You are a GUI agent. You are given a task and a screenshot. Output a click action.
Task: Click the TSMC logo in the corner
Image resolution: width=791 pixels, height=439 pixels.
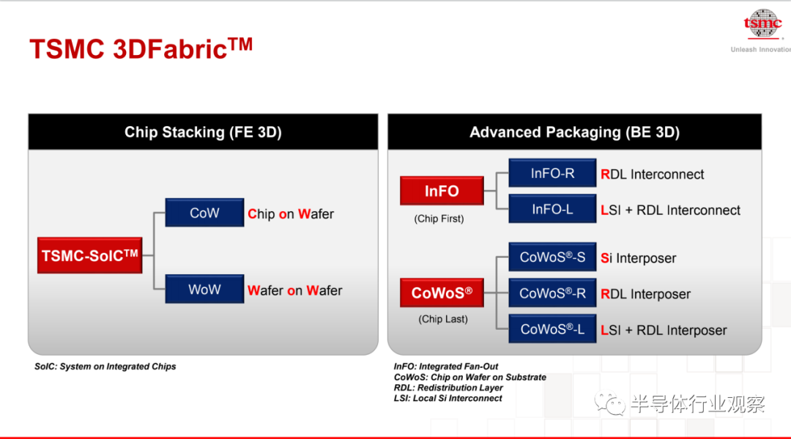tap(762, 24)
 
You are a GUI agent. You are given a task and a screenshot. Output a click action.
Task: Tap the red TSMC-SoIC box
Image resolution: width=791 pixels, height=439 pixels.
tap(90, 255)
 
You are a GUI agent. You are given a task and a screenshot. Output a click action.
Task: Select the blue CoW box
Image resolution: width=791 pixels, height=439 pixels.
tap(204, 213)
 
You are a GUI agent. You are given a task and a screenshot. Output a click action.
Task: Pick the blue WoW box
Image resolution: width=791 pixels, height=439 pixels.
tap(204, 289)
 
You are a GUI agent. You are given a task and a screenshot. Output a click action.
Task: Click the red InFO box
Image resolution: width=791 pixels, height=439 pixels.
tap(442, 191)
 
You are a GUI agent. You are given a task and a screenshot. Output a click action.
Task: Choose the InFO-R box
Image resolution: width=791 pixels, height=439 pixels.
tap(552, 173)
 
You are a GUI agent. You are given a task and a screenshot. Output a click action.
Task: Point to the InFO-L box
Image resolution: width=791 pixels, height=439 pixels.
tap(552, 209)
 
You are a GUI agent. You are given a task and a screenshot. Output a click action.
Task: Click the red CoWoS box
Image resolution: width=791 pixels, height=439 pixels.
tap(442, 292)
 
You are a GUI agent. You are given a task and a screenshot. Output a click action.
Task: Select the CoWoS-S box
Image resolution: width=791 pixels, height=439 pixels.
tap(552, 257)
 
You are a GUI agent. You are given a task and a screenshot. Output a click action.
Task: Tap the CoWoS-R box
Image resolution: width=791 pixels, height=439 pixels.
tap(552, 293)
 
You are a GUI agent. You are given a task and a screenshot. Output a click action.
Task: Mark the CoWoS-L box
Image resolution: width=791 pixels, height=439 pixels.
tap(552, 329)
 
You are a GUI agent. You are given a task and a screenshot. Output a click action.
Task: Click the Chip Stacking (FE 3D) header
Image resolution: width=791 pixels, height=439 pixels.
tap(203, 132)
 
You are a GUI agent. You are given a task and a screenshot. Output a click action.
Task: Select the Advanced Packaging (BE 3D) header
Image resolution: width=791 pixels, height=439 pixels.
tap(575, 132)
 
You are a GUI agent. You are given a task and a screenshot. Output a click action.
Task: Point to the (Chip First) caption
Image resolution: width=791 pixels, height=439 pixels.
tap(439, 218)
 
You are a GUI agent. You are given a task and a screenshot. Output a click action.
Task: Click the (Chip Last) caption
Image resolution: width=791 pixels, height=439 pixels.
tap(443, 319)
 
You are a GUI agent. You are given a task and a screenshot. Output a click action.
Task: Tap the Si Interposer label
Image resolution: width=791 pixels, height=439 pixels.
tap(638, 259)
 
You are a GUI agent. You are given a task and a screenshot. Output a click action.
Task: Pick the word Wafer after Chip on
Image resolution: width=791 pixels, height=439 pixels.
tap(316, 214)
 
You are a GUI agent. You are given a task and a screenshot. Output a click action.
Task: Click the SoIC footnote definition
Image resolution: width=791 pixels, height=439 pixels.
tap(105, 366)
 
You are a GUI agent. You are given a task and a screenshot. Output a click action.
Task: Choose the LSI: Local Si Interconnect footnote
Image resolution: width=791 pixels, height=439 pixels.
tap(448, 398)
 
